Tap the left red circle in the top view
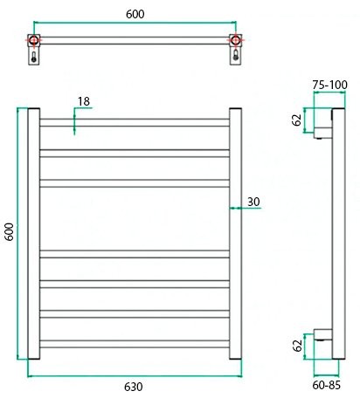tap(34, 40)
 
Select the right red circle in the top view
tap(235, 40)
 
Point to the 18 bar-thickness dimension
tap(84, 102)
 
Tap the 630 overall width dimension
tap(133, 387)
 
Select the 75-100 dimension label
tap(330, 85)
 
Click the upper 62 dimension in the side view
tap(296, 120)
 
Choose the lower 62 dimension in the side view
tap(296, 346)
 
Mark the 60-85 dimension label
tap(328, 381)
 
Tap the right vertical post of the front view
tap(235, 234)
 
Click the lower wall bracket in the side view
tap(323, 344)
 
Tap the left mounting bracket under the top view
tap(34, 58)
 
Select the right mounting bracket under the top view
tap(235, 58)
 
